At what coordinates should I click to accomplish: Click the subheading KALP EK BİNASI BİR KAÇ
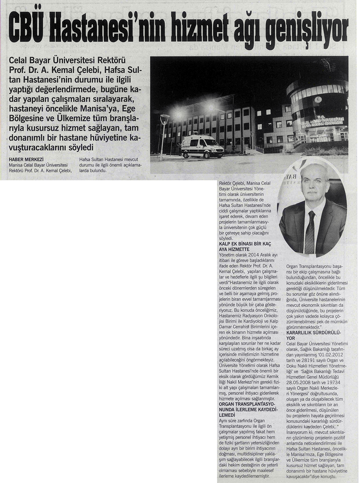(x=241, y=244)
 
